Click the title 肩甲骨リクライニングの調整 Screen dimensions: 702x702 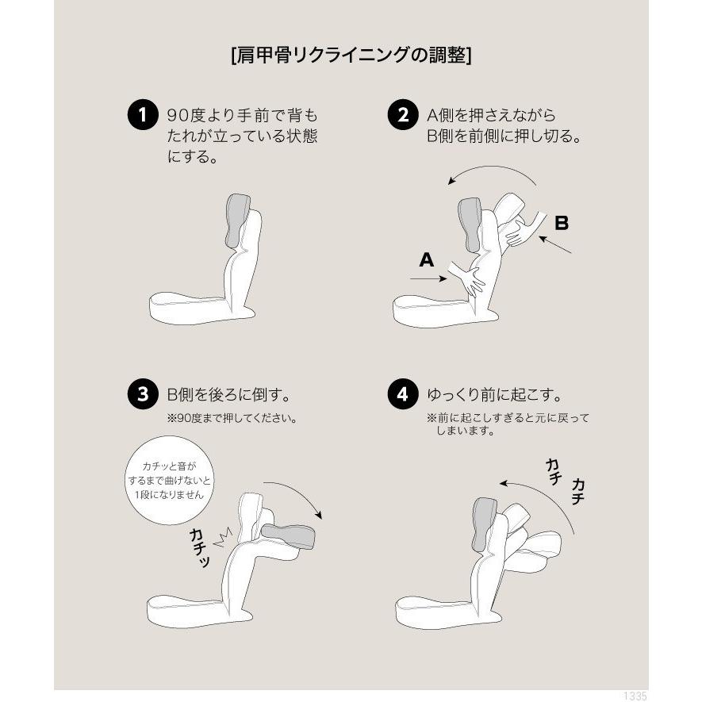pyautogui.click(x=350, y=56)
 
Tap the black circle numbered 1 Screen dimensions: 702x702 pyautogui.click(x=142, y=116)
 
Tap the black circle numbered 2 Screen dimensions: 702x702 pyautogui.click(x=402, y=116)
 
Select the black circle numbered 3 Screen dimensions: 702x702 pyautogui.click(x=142, y=394)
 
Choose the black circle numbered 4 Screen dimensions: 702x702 pyautogui.click(x=402, y=394)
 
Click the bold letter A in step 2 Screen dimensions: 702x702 pyautogui.click(x=426, y=259)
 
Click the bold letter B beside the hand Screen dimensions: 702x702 pyautogui.click(x=561, y=223)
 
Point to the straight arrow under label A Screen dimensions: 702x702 pyautogui.click(x=428, y=279)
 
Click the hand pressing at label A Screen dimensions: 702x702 pyautogui.click(x=470, y=280)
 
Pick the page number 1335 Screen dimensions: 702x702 pyautogui.click(x=635, y=696)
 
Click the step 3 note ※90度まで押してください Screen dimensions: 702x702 pyautogui.click(x=231, y=418)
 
